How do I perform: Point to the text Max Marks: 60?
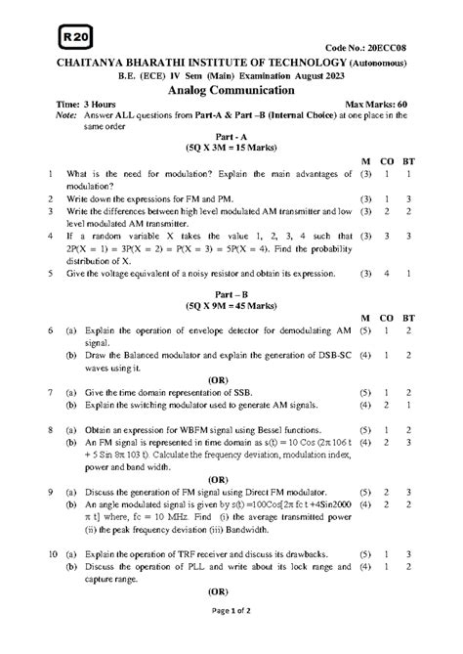383,103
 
